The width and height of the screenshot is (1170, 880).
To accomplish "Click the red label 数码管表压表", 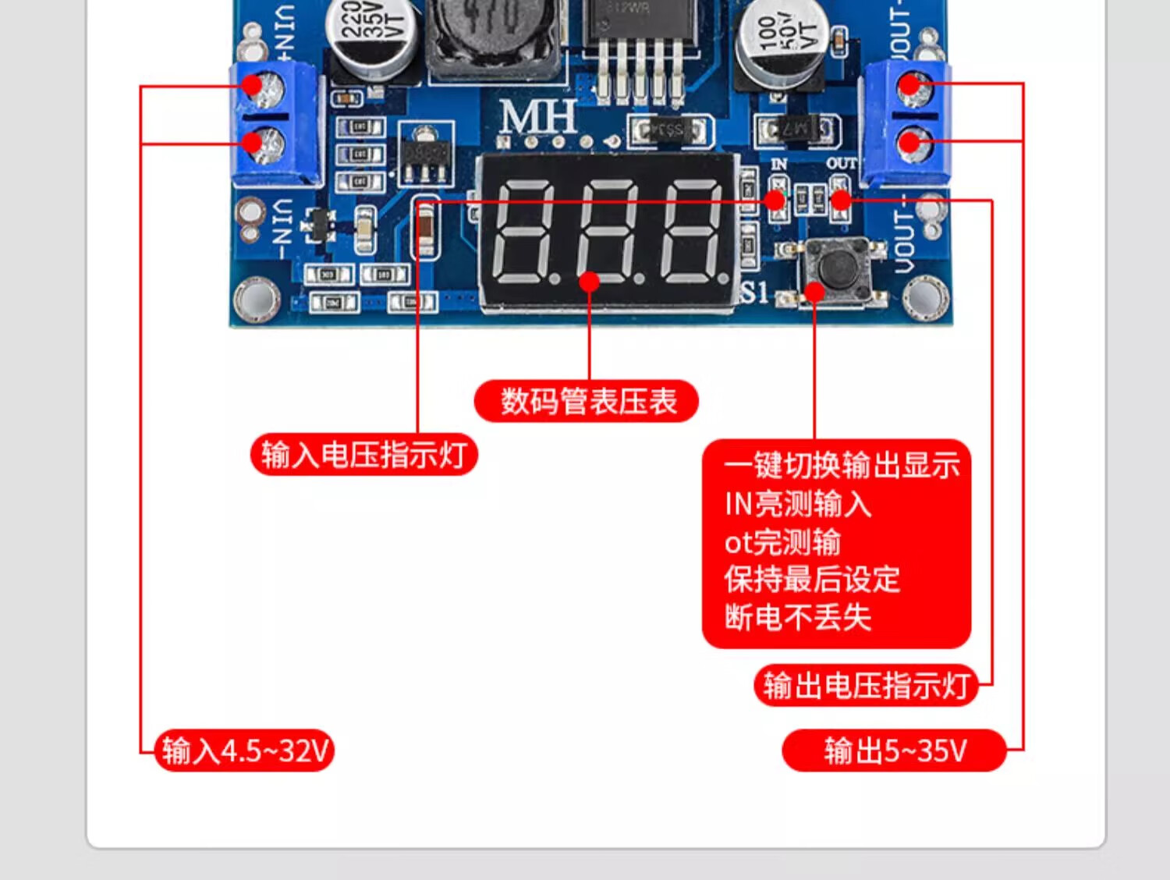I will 587,402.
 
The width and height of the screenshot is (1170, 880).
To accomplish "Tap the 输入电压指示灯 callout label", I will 363,455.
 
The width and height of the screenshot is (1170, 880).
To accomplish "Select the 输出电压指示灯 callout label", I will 866,686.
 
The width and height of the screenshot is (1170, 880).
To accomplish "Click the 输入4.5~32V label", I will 245,750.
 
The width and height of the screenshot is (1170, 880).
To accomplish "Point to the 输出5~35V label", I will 895,750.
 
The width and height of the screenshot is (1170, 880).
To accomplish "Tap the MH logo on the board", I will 538,118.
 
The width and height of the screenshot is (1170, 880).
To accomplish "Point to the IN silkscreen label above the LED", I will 778,164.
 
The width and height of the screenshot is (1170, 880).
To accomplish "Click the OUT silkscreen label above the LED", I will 841,164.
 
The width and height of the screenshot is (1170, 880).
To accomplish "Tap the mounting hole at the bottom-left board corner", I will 257,297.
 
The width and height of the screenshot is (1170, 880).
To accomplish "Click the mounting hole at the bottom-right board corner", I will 926,297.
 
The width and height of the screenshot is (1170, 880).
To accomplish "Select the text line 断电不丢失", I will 797,617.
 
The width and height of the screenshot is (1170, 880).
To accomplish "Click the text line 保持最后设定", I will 812,580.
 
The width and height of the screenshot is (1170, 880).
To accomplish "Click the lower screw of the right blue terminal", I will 915,144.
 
